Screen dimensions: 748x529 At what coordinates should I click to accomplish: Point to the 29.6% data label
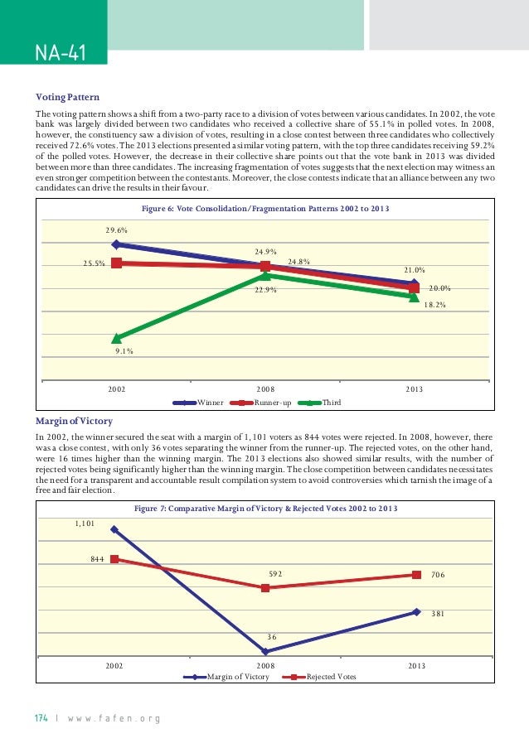(115, 229)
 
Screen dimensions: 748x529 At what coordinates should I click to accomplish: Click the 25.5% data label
(93, 263)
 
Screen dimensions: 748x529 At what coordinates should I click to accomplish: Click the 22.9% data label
(265, 290)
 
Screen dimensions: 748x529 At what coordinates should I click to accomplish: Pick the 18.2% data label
(435, 305)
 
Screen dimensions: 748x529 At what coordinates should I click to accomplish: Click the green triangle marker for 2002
(117, 338)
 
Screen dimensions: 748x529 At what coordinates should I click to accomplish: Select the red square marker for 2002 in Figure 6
(117, 263)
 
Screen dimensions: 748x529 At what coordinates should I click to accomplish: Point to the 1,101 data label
(85, 523)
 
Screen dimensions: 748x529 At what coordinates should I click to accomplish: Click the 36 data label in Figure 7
(272, 637)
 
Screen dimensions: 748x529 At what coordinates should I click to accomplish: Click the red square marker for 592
(265, 588)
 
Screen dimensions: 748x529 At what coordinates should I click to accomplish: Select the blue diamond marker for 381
(416, 612)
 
